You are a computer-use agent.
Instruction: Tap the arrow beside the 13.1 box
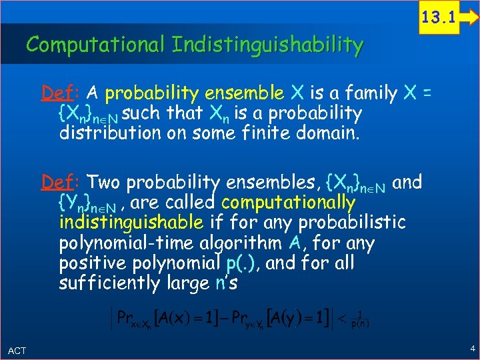(469, 21)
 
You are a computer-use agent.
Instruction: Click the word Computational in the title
(95, 45)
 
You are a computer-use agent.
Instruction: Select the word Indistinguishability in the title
(267, 45)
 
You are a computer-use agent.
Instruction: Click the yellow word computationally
(289, 201)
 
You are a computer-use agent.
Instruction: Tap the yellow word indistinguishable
(131, 221)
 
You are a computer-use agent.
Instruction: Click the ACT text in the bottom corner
(17, 351)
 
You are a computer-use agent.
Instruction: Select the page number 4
(471, 348)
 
